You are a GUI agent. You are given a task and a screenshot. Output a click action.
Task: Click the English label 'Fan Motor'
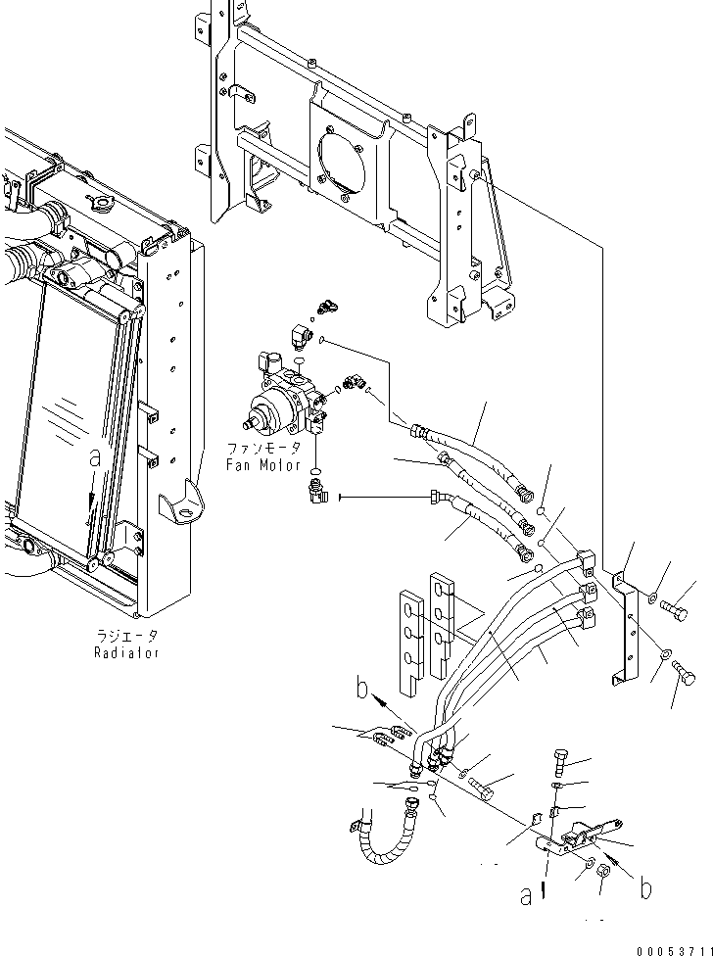[262, 465]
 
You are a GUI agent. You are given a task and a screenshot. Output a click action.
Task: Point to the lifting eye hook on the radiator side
[187, 506]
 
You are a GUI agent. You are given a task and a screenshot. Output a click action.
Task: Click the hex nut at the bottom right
[606, 870]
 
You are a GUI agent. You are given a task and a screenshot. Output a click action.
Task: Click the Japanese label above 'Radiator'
[125, 636]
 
